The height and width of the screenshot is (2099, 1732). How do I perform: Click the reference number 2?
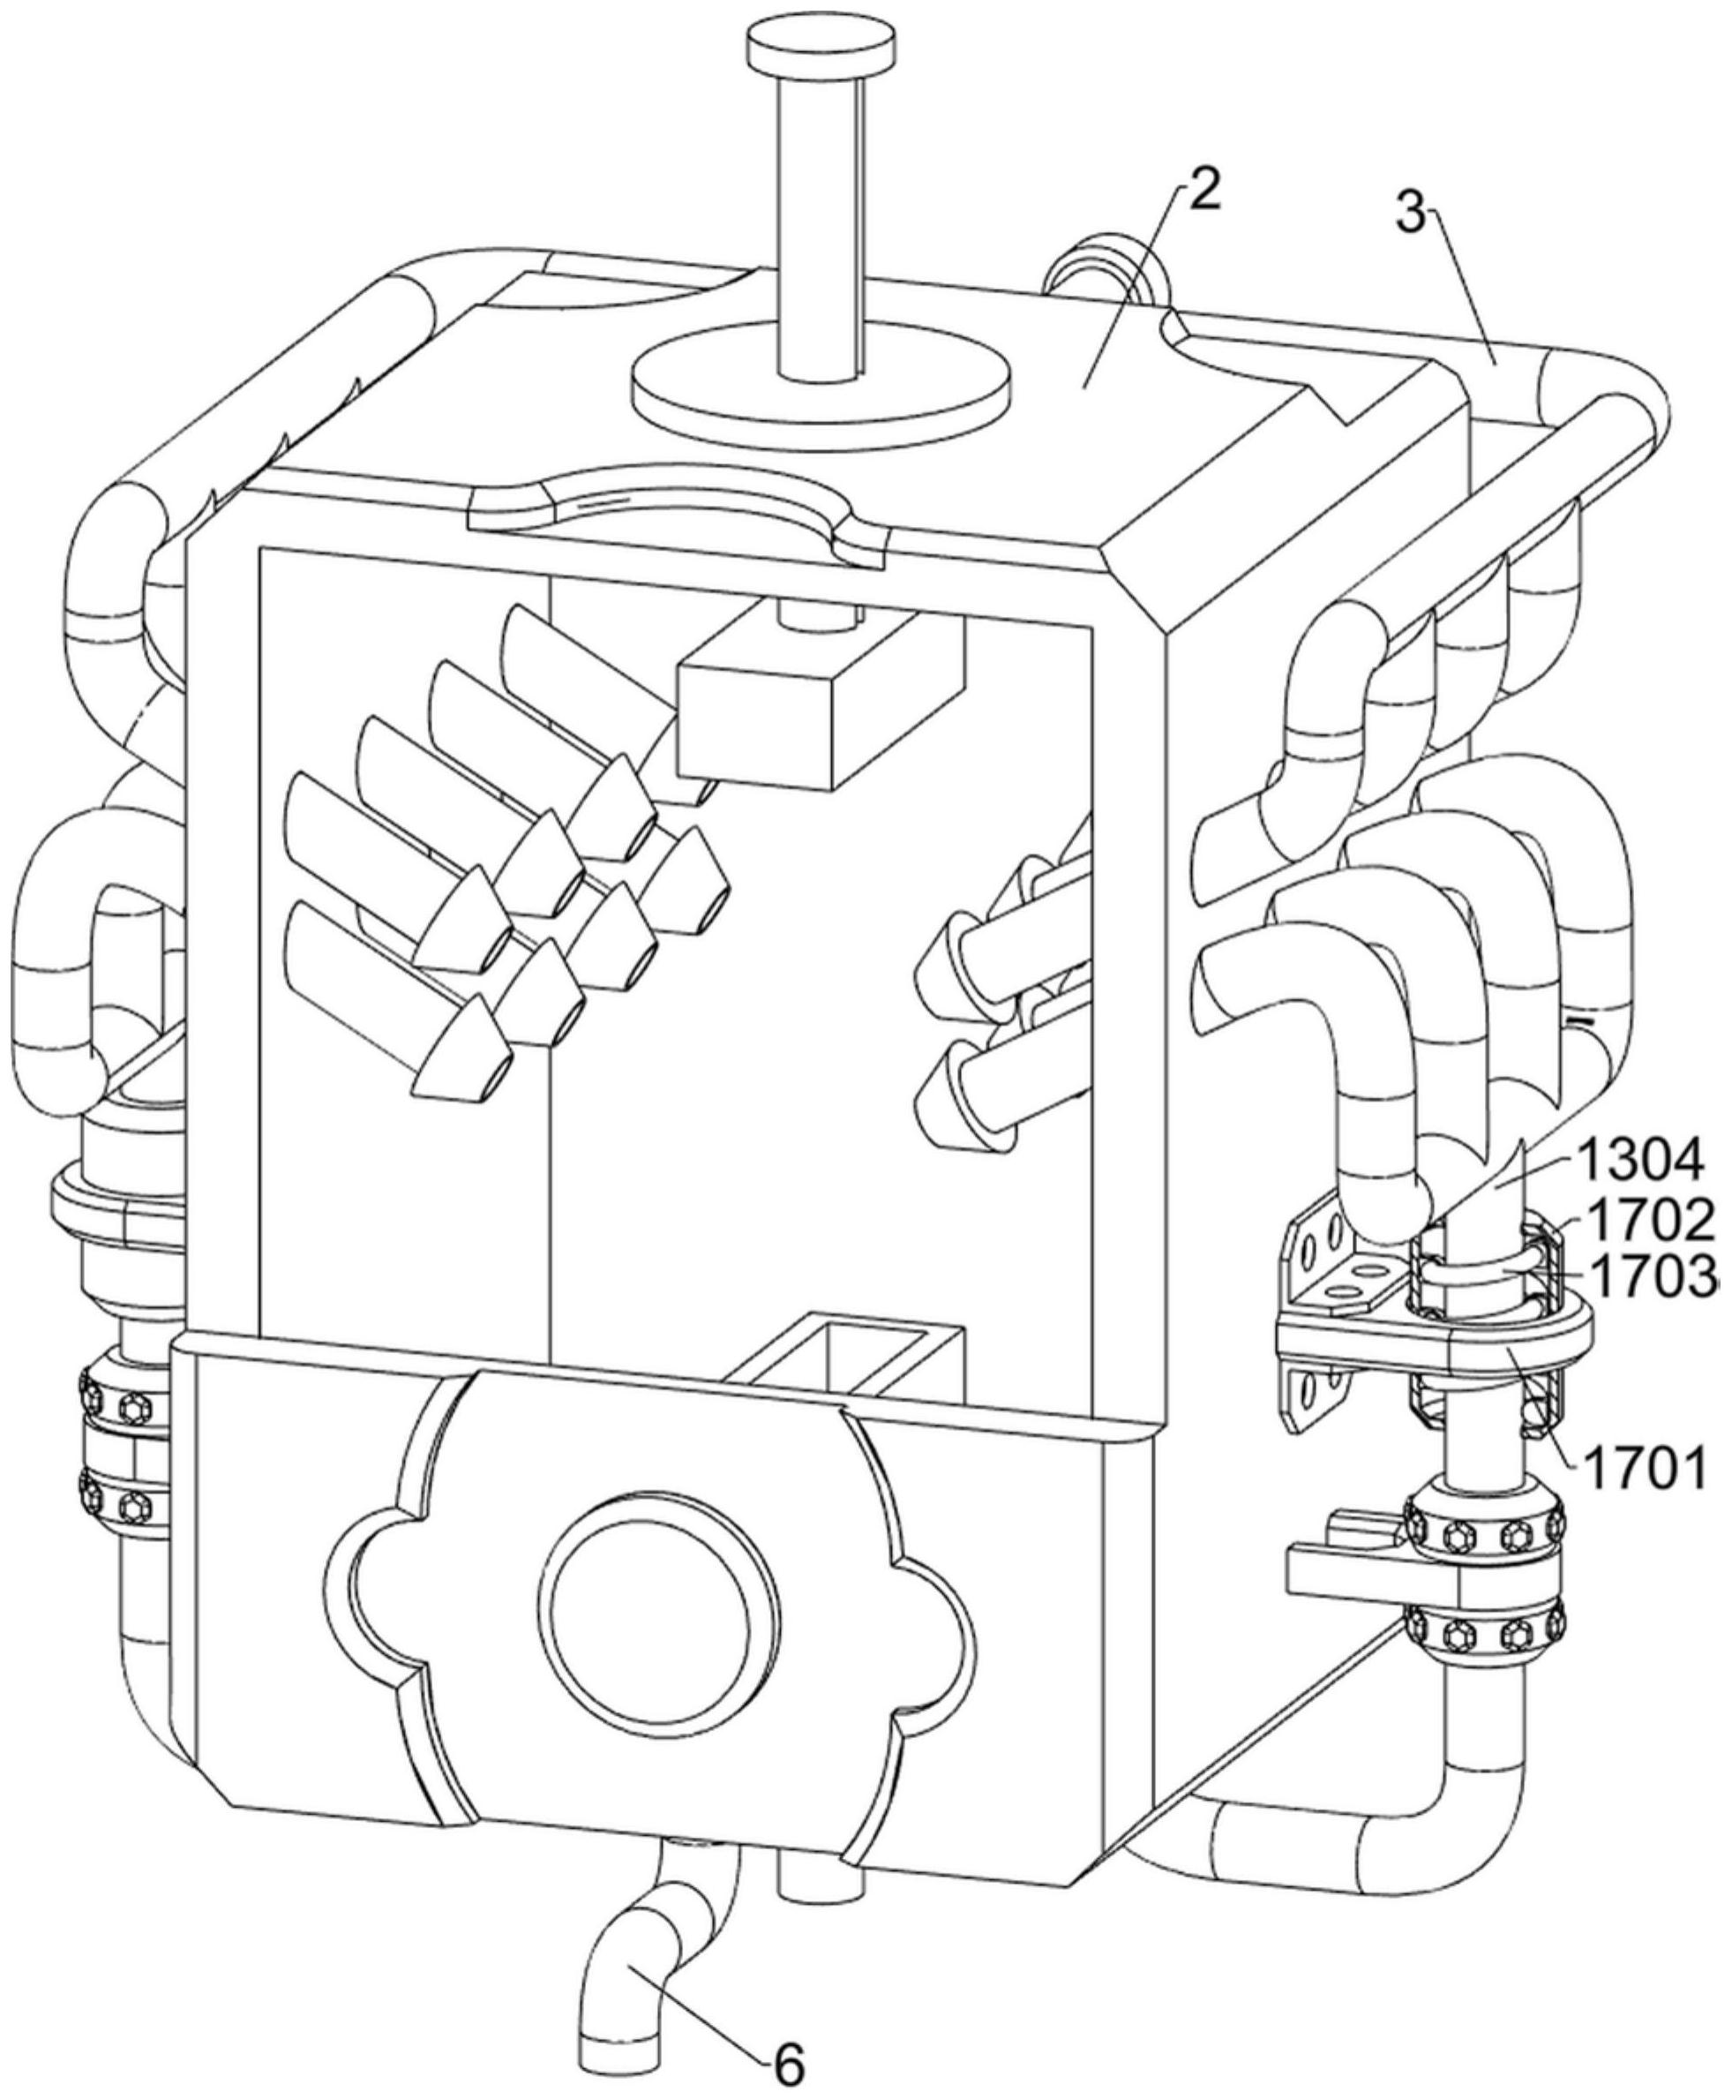1204,190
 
